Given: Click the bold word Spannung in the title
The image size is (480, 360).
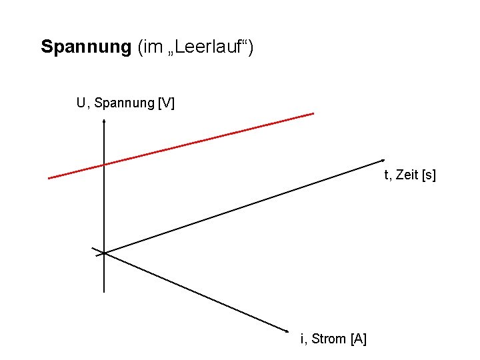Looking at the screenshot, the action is [86, 47].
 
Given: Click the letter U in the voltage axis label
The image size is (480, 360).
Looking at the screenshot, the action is [81, 103].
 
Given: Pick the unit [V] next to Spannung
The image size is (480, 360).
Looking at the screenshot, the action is [166, 103].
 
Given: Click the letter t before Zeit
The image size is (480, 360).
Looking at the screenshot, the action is [386, 175].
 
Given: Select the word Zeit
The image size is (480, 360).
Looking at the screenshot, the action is [407, 175].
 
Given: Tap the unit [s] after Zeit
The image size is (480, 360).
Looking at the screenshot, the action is [429, 175].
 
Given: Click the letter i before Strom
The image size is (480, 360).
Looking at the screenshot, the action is [303, 339].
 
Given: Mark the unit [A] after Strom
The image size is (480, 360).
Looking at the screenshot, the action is [358, 339].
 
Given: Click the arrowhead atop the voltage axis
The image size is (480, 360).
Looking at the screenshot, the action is [105, 121].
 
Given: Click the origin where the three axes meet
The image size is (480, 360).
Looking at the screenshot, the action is [105, 253].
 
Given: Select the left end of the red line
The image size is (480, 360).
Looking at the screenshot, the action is [49, 178].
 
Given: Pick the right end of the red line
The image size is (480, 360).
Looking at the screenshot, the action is [313, 114].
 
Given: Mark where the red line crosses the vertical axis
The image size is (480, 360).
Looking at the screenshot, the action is [105, 164].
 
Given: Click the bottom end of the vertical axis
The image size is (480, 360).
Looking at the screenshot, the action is [105, 292].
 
